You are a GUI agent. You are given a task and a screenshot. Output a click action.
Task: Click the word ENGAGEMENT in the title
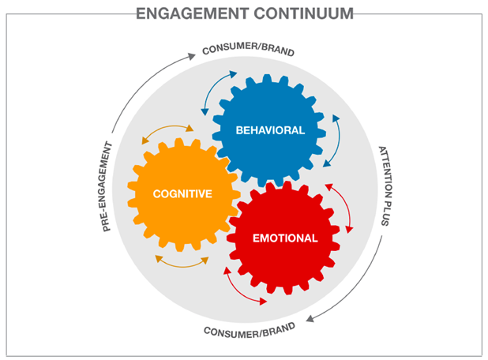pyautogui.click(x=193, y=13)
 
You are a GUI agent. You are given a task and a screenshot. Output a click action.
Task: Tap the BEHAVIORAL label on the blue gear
pyautogui.click(x=270, y=130)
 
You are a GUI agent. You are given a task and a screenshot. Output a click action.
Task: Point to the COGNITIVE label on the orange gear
pyautogui.click(x=182, y=194)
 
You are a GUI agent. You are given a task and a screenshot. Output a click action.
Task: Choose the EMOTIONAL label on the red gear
pyautogui.click(x=285, y=238)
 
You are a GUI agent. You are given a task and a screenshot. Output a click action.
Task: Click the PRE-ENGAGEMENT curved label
pyautogui.click(x=106, y=186)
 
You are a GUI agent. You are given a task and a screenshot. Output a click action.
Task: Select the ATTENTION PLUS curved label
pyautogui.click(x=387, y=186)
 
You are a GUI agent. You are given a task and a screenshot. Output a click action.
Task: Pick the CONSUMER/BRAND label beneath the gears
pyautogui.click(x=250, y=332)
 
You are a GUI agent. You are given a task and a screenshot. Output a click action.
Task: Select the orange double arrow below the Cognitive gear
pyautogui.click(x=182, y=266)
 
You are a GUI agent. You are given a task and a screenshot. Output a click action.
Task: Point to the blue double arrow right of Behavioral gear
pyautogui.click(x=339, y=140)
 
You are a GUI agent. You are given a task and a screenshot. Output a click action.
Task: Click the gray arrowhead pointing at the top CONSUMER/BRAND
pyautogui.click(x=192, y=56)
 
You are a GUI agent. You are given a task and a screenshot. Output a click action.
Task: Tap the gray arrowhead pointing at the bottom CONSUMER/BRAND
pyautogui.click(x=310, y=319)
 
